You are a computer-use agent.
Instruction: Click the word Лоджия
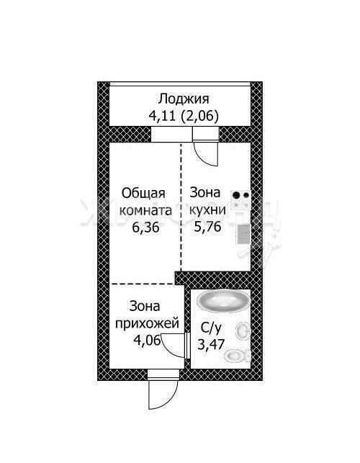(184, 99)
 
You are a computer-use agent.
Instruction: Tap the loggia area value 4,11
(162, 116)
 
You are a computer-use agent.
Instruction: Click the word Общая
(143, 194)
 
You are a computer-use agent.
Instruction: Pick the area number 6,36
(145, 228)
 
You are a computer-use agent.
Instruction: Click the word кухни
(207, 210)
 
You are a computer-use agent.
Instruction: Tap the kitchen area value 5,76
(207, 227)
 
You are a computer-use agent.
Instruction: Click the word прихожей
(147, 323)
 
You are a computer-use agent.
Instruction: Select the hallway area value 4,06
(147, 340)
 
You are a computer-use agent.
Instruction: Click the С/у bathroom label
(210, 328)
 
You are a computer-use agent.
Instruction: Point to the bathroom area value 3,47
(211, 344)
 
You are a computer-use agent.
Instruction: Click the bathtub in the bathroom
(224, 300)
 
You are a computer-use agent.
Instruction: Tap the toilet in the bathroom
(237, 356)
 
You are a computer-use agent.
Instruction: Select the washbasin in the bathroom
(243, 331)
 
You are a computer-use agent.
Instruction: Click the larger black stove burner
(236, 195)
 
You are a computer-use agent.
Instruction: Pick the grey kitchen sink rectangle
(244, 234)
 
